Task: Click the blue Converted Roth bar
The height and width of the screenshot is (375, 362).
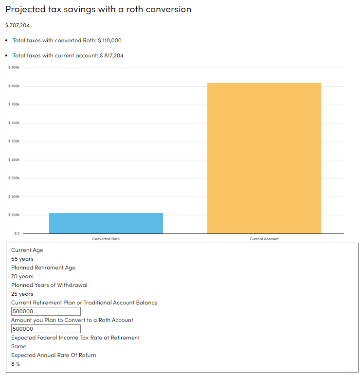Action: click(x=106, y=223)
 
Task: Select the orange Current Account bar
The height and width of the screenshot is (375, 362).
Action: click(x=264, y=158)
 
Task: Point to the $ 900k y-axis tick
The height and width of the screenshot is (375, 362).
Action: click(x=14, y=68)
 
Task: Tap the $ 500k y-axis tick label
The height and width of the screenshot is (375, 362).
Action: click(x=14, y=141)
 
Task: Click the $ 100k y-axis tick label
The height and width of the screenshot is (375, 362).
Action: click(x=14, y=214)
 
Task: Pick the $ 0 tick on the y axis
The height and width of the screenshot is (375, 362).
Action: click(x=16, y=233)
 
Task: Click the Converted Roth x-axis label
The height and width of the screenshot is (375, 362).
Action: click(x=106, y=239)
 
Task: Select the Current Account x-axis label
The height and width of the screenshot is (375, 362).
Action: click(x=264, y=239)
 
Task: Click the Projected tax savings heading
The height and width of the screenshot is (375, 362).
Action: click(x=98, y=10)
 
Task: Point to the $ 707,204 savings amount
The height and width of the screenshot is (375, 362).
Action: click(x=21, y=25)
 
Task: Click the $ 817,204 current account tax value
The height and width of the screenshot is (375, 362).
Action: click(x=111, y=55)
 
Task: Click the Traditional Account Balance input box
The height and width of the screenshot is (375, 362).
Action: click(x=46, y=311)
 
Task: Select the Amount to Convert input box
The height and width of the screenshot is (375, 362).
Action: click(x=46, y=329)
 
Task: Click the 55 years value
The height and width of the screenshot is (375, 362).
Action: click(x=22, y=259)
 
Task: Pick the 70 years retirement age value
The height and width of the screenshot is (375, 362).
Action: click(x=22, y=276)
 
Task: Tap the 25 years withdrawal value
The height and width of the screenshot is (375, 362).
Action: click(x=22, y=294)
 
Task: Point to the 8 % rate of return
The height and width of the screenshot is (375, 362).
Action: click(x=16, y=364)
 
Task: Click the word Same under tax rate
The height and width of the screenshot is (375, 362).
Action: click(x=19, y=346)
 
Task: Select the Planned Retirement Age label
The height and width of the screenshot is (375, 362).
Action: click(x=43, y=268)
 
